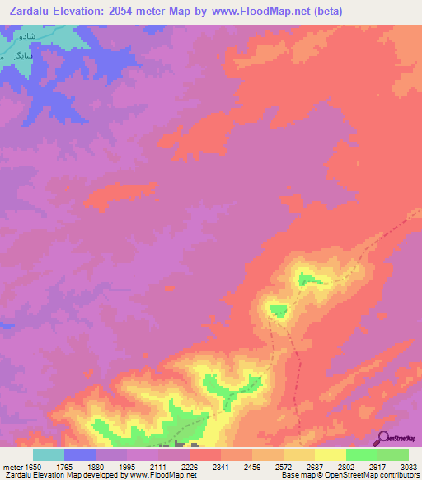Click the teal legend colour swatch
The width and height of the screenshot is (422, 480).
pyautogui.click(x=48, y=454)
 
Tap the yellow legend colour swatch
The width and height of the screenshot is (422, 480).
pyautogui.click(x=330, y=454)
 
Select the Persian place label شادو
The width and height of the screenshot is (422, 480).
pyautogui.click(x=26, y=36)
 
